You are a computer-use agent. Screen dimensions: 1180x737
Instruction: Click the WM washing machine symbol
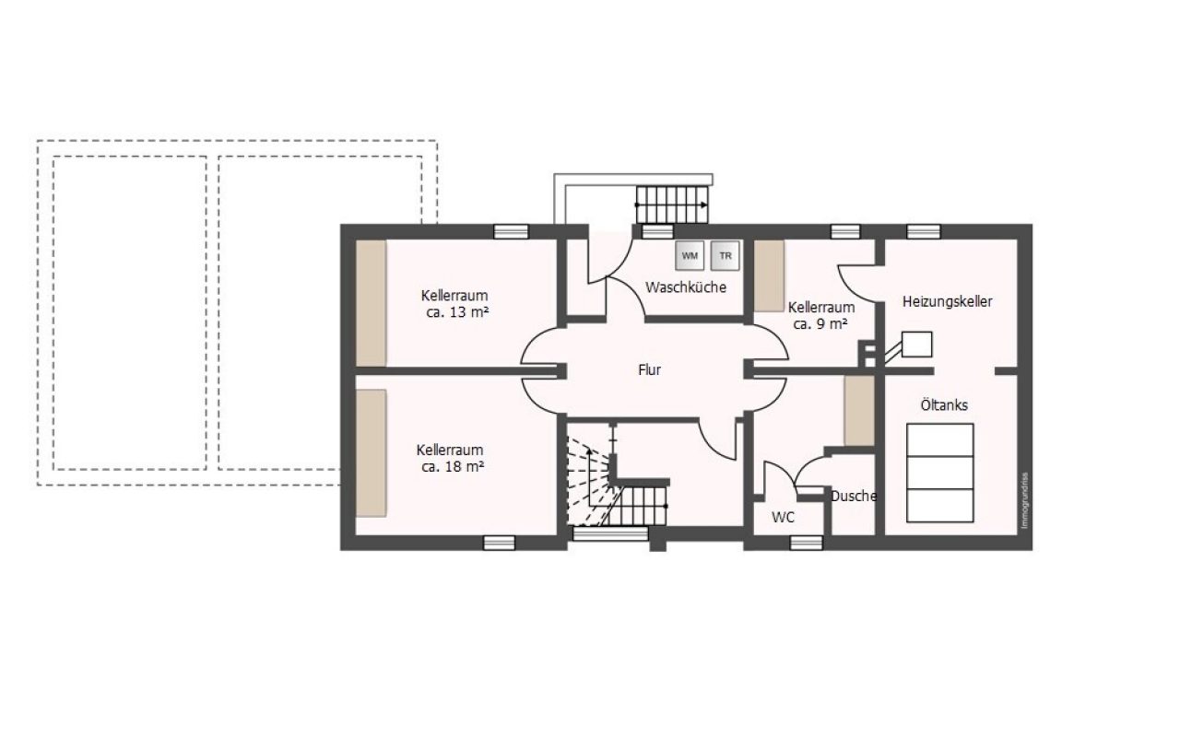click(x=690, y=256)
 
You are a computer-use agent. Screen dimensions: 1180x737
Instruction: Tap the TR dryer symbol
click(x=725, y=256)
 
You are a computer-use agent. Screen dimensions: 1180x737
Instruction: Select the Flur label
click(x=649, y=370)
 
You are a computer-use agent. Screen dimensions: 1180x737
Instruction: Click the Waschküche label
click(x=686, y=287)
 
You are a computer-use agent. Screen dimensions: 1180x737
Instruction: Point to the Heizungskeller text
click(x=947, y=302)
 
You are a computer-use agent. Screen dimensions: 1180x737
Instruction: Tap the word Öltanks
click(x=944, y=404)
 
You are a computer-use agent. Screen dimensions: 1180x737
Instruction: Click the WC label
click(x=783, y=518)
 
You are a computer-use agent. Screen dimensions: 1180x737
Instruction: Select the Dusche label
click(x=854, y=496)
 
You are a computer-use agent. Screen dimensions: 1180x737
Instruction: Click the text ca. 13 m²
click(x=457, y=312)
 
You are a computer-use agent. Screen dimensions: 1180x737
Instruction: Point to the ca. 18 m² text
click(x=453, y=467)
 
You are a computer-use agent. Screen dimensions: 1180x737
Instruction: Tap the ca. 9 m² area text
click(x=820, y=324)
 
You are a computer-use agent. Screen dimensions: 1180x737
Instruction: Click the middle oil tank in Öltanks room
click(x=939, y=473)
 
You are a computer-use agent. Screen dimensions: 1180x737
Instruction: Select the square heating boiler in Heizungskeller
click(x=917, y=345)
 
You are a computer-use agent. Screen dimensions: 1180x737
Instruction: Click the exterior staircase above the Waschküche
click(x=672, y=205)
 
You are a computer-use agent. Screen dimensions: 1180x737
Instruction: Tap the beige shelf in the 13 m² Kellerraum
click(x=372, y=303)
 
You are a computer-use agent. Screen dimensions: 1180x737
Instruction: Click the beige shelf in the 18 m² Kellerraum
click(x=372, y=453)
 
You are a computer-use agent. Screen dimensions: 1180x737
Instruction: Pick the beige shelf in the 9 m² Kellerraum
click(x=769, y=275)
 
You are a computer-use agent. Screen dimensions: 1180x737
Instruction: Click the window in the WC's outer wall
click(x=807, y=543)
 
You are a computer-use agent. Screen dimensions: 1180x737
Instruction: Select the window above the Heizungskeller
click(x=924, y=231)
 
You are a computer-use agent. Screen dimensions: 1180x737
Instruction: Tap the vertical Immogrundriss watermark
click(x=1024, y=500)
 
